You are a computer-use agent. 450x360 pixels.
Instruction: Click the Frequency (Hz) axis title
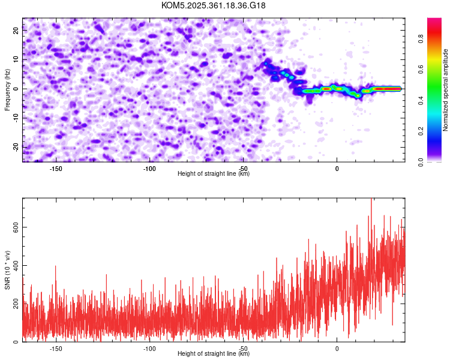(7, 90)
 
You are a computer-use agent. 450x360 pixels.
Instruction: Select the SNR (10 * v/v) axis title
(7, 270)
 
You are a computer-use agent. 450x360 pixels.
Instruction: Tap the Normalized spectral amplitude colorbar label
(446, 90)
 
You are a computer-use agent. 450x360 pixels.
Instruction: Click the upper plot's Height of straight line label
(214, 173)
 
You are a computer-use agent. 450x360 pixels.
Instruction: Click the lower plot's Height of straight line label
(214, 353)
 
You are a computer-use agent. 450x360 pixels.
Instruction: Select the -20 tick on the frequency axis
(15, 146)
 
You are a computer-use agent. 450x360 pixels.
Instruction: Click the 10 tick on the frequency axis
(16, 60)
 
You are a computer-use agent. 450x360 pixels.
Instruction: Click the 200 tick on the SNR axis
(14, 304)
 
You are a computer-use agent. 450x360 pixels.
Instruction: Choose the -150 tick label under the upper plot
(56, 169)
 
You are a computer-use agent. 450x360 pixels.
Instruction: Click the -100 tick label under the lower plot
(149, 348)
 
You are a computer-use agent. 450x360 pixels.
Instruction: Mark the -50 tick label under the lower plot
(243, 348)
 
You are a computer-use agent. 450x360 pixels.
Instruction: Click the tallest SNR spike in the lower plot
(371, 200)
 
